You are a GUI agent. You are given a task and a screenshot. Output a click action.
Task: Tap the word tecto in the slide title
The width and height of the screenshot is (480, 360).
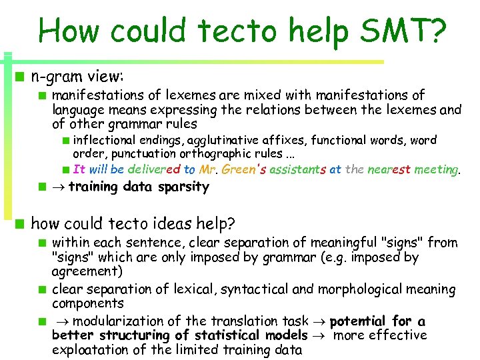pyautogui.click(x=220, y=31)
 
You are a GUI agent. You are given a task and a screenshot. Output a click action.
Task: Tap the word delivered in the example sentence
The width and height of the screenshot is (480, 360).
pyautogui.click(x=153, y=169)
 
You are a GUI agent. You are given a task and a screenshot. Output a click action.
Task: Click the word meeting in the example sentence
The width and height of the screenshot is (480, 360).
pyautogui.click(x=436, y=169)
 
